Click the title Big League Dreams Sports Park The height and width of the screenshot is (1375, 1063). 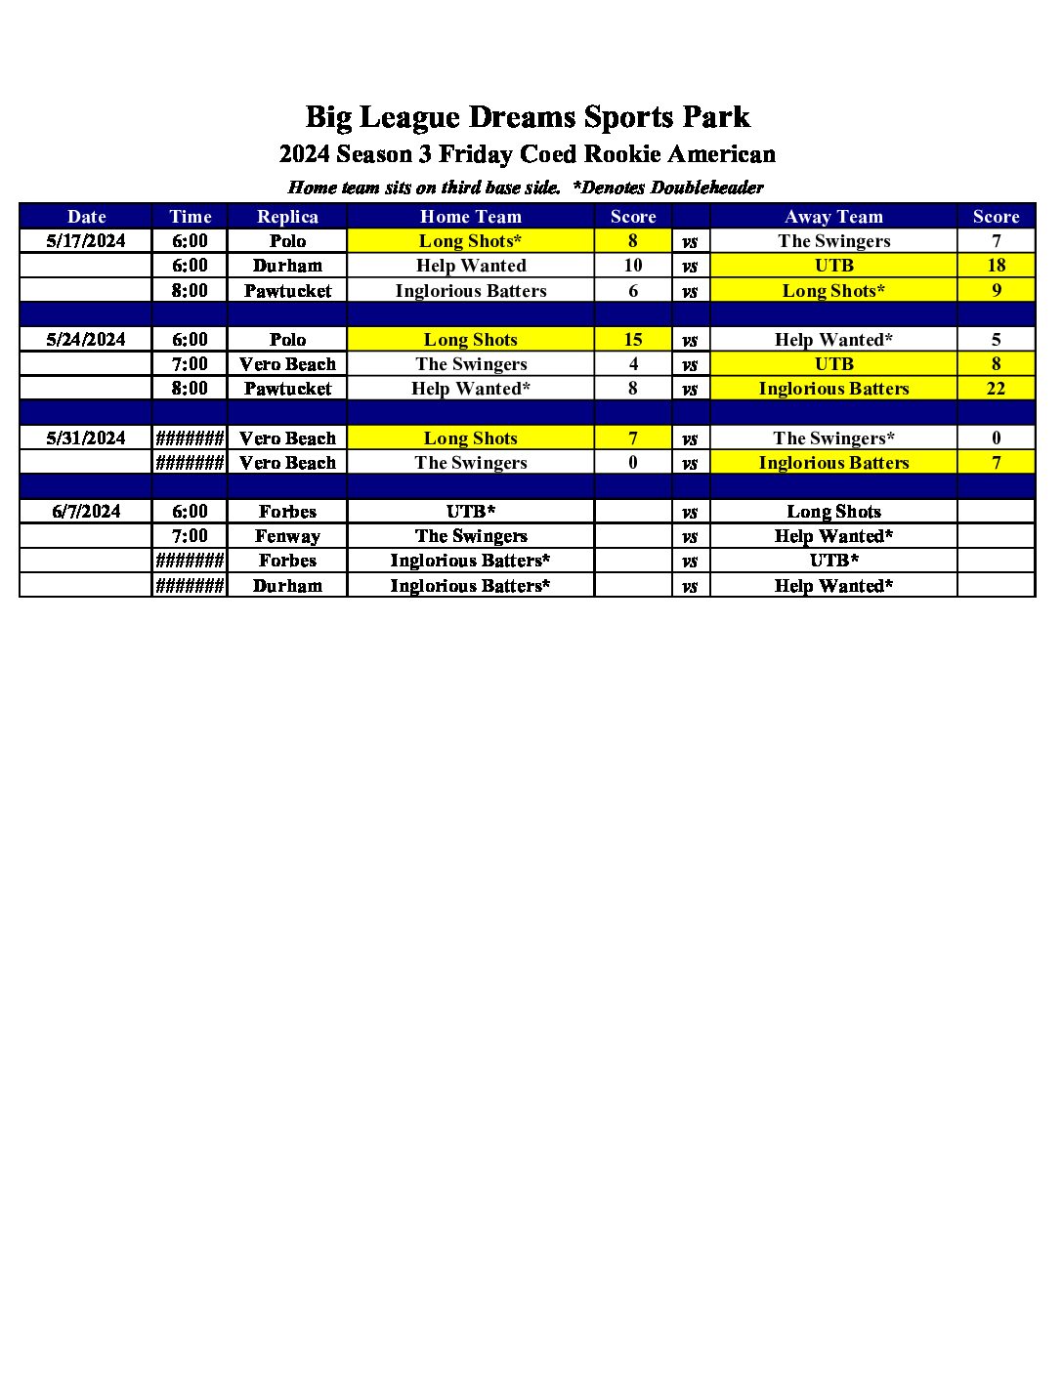pyautogui.click(x=528, y=117)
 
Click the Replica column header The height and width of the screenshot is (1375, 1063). pyautogui.click(x=287, y=217)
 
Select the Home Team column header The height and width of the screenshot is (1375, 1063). pyautogui.click(x=470, y=217)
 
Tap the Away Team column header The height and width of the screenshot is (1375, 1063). pyautogui.click(x=833, y=217)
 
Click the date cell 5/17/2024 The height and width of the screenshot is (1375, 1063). pyautogui.click(x=86, y=241)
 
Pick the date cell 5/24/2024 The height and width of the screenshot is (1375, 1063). pyautogui.click(x=86, y=340)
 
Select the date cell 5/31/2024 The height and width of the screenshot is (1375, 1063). pyautogui.click(x=86, y=438)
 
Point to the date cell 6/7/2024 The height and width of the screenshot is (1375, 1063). pyautogui.click(x=86, y=512)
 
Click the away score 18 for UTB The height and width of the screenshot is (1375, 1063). pyautogui.click(x=996, y=266)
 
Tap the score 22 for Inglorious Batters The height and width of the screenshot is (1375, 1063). pyautogui.click(x=996, y=389)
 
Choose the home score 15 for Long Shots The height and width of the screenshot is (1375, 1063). pyautogui.click(x=633, y=340)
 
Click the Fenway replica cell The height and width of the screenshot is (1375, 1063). pyautogui.click(x=287, y=536)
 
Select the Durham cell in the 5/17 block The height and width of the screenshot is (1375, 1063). pyautogui.click(x=287, y=266)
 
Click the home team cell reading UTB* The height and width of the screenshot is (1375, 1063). pyautogui.click(x=470, y=512)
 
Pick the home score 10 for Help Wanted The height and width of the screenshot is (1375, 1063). pyautogui.click(x=633, y=266)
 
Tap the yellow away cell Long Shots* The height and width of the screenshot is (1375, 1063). pyautogui.click(x=833, y=291)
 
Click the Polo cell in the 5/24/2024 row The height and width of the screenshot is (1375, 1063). pyautogui.click(x=287, y=340)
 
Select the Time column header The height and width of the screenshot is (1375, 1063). pyautogui.click(x=190, y=217)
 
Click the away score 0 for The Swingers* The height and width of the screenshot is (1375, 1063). pyautogui.click(x=996, y=438)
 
